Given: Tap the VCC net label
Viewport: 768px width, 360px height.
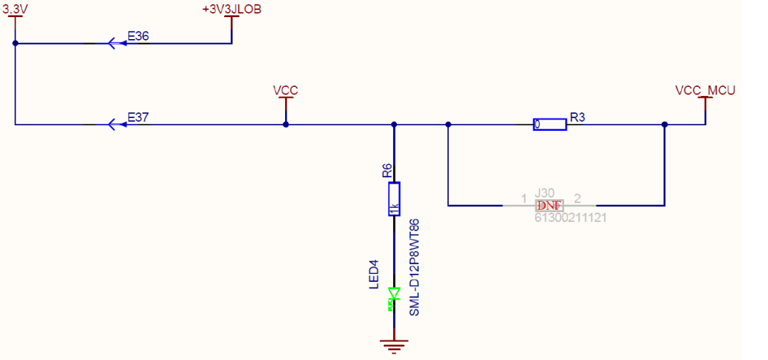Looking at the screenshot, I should click(x=285, y=90).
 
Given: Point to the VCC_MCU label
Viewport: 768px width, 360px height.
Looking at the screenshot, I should click(x=705, y=90).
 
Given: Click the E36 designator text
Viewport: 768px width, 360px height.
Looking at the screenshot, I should click(x=138, y=36).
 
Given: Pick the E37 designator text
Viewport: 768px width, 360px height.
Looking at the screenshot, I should click(x=138, y=117).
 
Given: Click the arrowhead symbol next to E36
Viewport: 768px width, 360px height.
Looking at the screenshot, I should click(x=114, y=43).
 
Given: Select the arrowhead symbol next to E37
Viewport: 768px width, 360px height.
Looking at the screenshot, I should click(x=114, y=125).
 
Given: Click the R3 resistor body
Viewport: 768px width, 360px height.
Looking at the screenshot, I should click(x=550, y=125).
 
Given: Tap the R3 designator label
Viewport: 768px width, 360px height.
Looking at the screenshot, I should click(x=577, y=117).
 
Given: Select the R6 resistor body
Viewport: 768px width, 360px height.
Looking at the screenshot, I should click(x=394, y=198).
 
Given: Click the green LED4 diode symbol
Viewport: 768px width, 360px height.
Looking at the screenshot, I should click(x=394, y=298).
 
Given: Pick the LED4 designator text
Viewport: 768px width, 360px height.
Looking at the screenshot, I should click(x=374, y=275).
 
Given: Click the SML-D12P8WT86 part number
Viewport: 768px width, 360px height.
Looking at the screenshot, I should click(x=414, y=267).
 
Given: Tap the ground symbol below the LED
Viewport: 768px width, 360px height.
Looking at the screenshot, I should click(x=394, y=346).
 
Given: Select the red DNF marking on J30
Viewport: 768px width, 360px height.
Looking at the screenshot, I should click(x=549, y=206).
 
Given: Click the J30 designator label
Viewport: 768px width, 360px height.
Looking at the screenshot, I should click(x=544, y=194).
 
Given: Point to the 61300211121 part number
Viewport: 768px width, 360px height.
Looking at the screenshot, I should click(x=570, y=218).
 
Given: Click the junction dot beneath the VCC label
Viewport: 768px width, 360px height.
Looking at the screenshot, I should click(x=286, y=125).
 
